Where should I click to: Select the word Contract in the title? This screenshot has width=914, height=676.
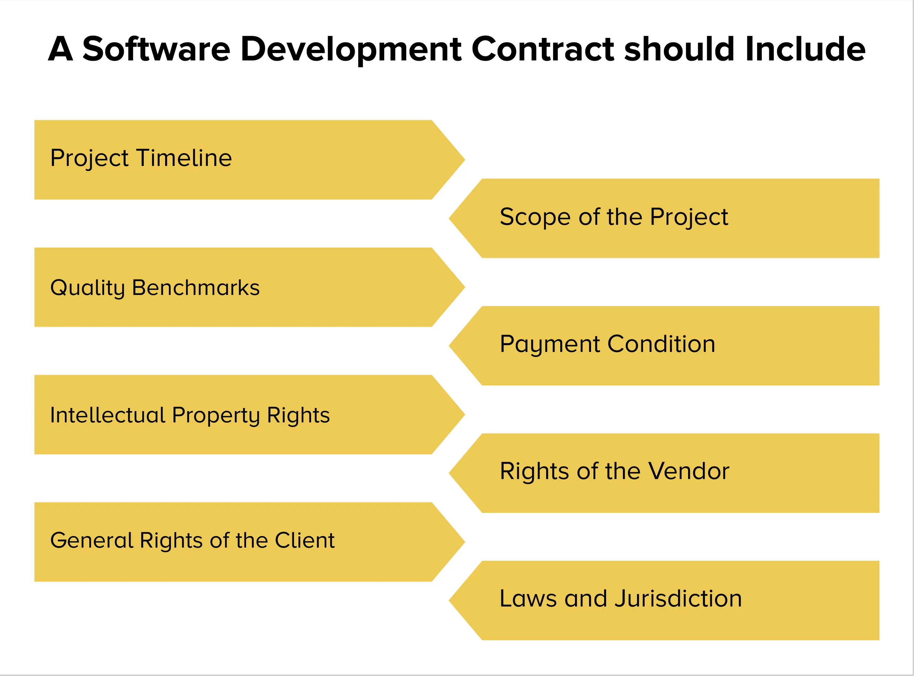[543, 49]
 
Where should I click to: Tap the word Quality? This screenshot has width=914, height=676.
[87, 288]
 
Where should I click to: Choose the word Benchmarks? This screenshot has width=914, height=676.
[196, 288]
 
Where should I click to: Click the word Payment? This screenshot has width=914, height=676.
[549, 344]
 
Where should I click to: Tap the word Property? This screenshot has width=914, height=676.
[216, 416]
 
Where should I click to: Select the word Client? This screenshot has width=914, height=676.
[305, 540]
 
